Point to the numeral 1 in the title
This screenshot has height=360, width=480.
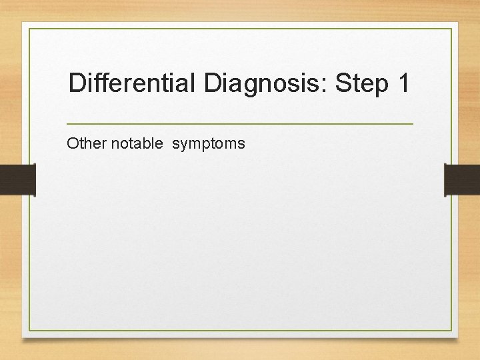403,83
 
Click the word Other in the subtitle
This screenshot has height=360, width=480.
83,143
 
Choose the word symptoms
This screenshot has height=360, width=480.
209,143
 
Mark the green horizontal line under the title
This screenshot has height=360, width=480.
240,124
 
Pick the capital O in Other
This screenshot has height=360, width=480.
72,143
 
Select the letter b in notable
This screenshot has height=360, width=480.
149,143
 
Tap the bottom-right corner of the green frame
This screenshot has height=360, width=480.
451,331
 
